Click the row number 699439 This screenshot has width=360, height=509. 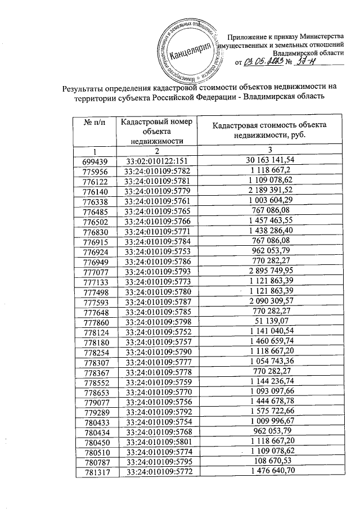(x=94, y=160)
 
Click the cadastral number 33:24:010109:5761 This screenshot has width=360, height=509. (x=157, y=200)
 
